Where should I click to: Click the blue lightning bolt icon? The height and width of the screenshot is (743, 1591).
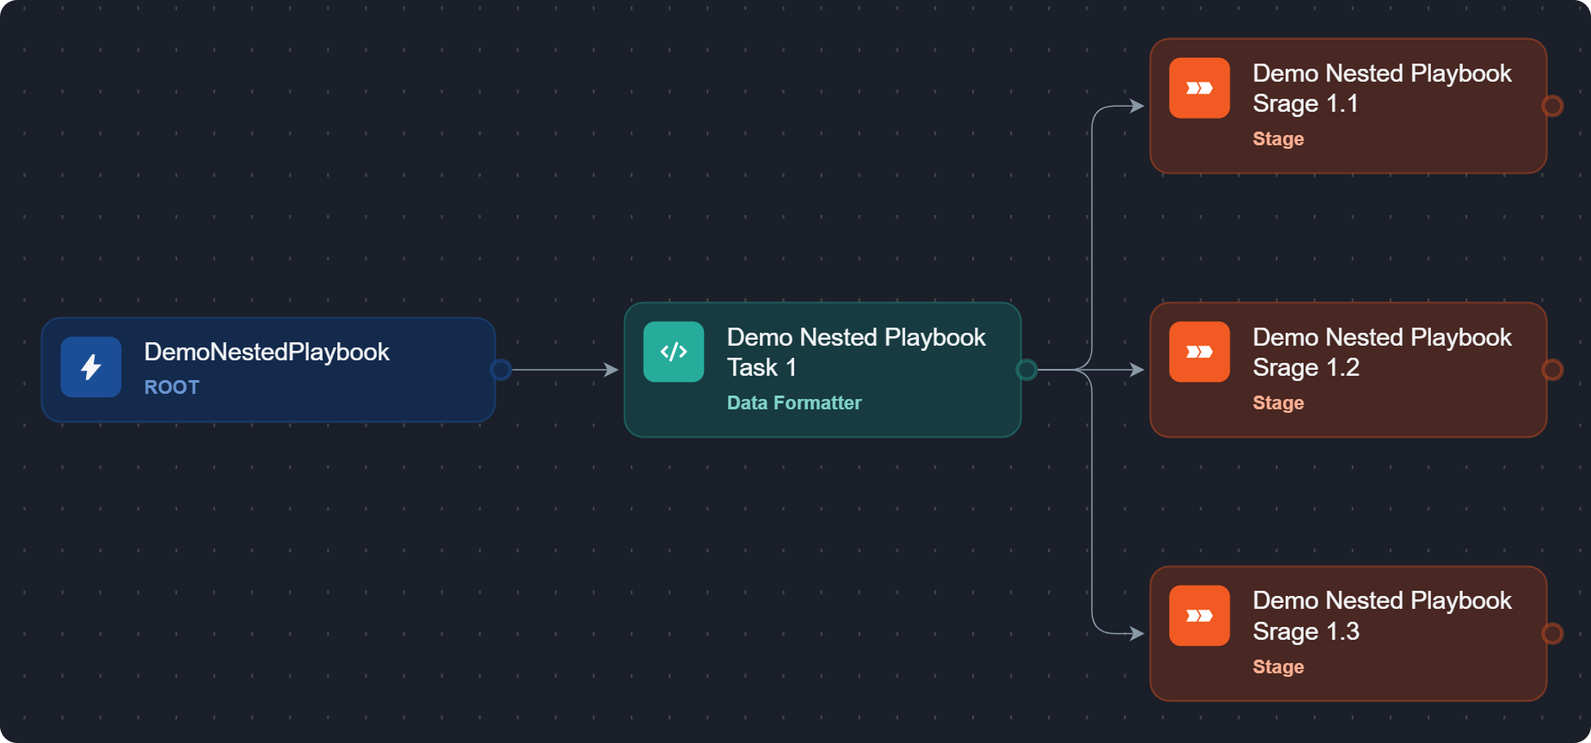(90, 367)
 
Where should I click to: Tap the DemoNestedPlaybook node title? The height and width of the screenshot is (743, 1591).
(267, 353)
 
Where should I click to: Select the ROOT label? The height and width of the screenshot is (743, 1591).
(172, 388)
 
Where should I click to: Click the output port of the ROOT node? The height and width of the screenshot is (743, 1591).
(501, 370)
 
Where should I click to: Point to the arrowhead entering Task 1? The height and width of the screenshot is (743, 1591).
(612, 370)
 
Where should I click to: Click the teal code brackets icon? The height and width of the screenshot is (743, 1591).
(674, 352)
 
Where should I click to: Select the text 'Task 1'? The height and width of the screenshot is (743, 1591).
(762, 368)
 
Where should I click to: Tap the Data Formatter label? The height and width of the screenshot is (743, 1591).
(794, 403)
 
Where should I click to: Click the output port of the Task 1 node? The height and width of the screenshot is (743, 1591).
(1027, 370)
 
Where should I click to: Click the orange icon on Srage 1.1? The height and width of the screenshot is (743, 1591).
(1199, 88)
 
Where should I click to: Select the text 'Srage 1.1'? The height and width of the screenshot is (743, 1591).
(1305, 104)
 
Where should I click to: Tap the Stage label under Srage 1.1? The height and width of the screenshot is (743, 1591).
(1279, 139)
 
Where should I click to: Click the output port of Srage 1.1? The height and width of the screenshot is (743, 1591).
(1552, 106)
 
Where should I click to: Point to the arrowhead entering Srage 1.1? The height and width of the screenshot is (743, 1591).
(1138, 106)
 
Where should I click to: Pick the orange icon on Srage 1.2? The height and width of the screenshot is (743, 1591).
(1199, 352)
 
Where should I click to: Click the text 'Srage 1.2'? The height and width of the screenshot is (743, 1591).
(1306, 368)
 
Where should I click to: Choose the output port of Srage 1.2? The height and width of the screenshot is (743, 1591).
(1552, 370)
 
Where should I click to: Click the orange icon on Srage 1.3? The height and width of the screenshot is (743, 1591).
(1199, 616)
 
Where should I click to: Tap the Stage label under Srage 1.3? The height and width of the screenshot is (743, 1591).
(1279, 667)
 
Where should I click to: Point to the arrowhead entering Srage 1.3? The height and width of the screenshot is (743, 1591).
(1138, 634)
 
